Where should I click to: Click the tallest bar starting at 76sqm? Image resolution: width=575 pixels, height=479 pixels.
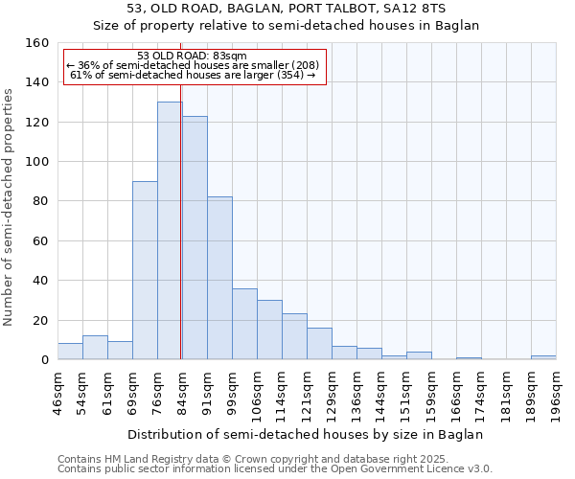(x=170, y=231)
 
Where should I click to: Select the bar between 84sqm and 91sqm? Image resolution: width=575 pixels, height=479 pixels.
(x=195, y=239)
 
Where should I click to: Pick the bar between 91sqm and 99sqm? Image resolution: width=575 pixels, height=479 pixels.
(x=219, y=279)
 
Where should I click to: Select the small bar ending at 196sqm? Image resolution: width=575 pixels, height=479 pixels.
(x=543, y=357)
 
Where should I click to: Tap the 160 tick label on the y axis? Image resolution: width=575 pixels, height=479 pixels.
(x=36, y=43)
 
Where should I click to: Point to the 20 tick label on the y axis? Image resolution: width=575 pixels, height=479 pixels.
(x=40, y=320)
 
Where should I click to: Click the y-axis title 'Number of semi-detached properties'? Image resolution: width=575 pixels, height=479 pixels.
(x=10, y=201)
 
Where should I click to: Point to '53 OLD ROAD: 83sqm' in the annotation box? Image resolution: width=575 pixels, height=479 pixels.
(x=192, y=57)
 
